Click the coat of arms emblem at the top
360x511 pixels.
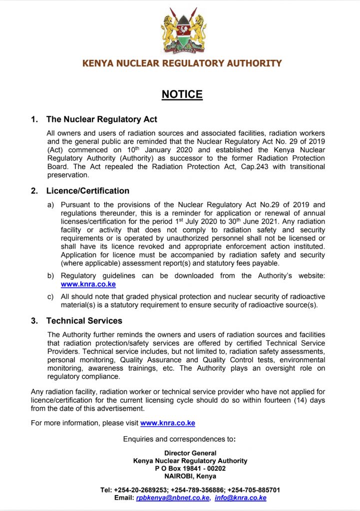pyautogui.click(x=183, y=33)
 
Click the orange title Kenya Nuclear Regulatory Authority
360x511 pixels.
pyautogui.click(x=182, y=63)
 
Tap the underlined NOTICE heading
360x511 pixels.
pyautogui.click(x=182, y=94)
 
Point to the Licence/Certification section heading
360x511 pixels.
pyautogui.click(x=87, y=191)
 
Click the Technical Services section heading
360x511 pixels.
pyautogui.click(x=84, y=320)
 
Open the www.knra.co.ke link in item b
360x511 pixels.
pyautogui.click(x=88, y=284)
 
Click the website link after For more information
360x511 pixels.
pyautogui.click(x=167, y=423)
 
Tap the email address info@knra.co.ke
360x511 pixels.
pyautogui.click(x=240, y=498)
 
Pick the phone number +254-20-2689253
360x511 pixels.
pyautogui.click(x=141, y=490)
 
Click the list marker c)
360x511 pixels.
pyautogui.click(x=50, y=296)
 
